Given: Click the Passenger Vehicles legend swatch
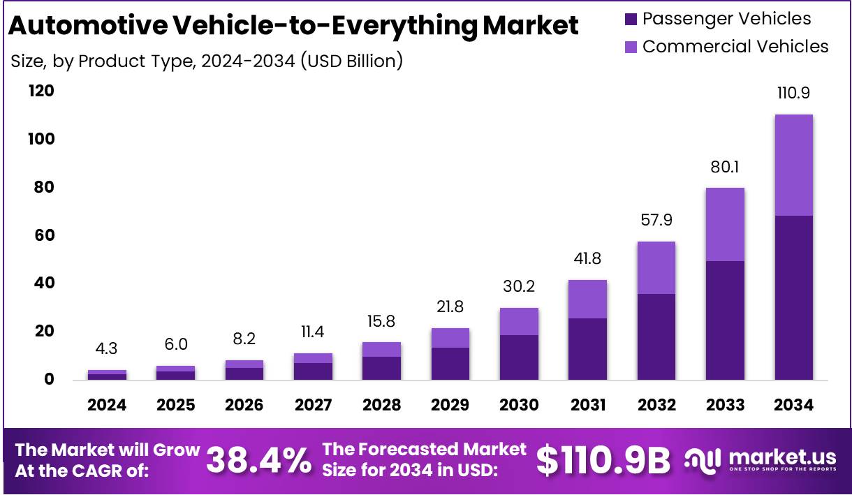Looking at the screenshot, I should tap(631, 20).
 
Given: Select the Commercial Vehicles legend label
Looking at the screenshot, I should tap(735, 47).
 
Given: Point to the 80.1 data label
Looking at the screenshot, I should tap(724, 167).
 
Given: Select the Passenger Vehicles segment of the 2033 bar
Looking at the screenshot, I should tap(724, 320).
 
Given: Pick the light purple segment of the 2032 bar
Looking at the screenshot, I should tap(656, 267).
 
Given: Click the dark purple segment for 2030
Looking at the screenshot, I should tap(519, 357).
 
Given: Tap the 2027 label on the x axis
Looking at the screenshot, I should tap(313, 405).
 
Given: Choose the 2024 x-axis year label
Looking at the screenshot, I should tap(107, 405).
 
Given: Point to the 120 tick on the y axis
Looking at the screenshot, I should tap(41, 91).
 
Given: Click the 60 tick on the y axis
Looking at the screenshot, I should tap(44, 235).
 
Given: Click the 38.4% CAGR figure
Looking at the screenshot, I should tap(259, 460).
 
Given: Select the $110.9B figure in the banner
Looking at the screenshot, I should tap(603, 460).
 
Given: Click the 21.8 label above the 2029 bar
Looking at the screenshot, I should tap(450, 306).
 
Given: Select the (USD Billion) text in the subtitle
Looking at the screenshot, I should tap(351, 61).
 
